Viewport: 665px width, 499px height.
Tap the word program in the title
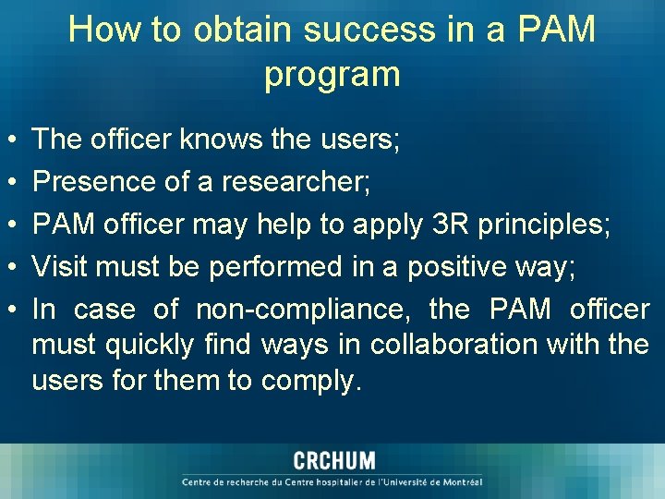click(x=332, y=74)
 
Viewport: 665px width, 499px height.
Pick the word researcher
click(x=295, y=183)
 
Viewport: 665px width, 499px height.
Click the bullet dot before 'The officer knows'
click(x=8, y=141)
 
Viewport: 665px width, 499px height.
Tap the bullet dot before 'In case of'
click(x=8, y=310)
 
